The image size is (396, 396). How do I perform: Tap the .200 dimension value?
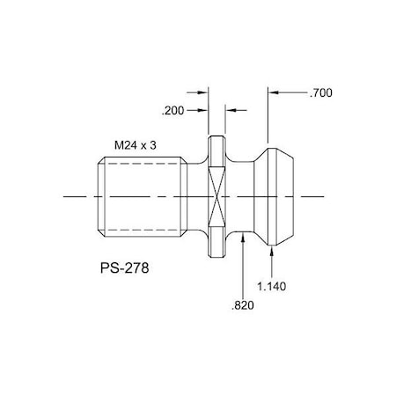pos(173,111)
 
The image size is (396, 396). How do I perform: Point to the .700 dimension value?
pos(322,92)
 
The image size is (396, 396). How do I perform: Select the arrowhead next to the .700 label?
pos(275,92)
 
